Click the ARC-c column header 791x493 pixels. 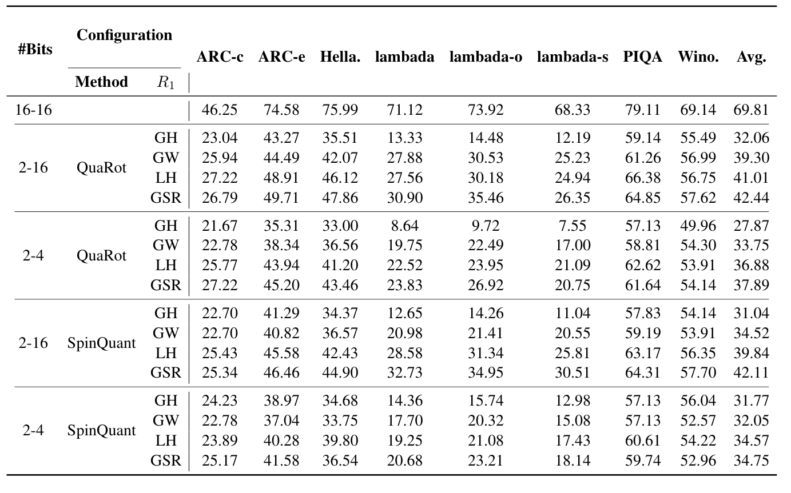pos(220,57)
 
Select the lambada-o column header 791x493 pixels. pos(486,57)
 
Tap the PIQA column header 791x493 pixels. pos(643,57)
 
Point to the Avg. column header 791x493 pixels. pos(752,57)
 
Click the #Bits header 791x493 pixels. pos(35,49)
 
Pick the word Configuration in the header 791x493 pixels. pos(124,35)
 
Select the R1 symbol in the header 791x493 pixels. pos(165,82)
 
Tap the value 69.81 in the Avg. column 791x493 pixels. pos(752,110)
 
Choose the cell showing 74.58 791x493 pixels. pos(281,110)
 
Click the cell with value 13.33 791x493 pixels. pos(404,138)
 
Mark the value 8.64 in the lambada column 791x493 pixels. pos(404,226)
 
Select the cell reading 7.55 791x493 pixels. pos(572,226)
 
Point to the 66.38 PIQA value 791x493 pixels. pos(643,178)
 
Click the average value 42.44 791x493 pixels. pos(752,198)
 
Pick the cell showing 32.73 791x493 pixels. pos(404,373)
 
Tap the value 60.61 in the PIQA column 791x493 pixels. pos(643,441)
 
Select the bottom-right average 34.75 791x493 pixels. pos(752,461)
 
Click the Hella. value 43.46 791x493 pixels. pos(340,286)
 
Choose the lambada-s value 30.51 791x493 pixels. pos(572,373)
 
